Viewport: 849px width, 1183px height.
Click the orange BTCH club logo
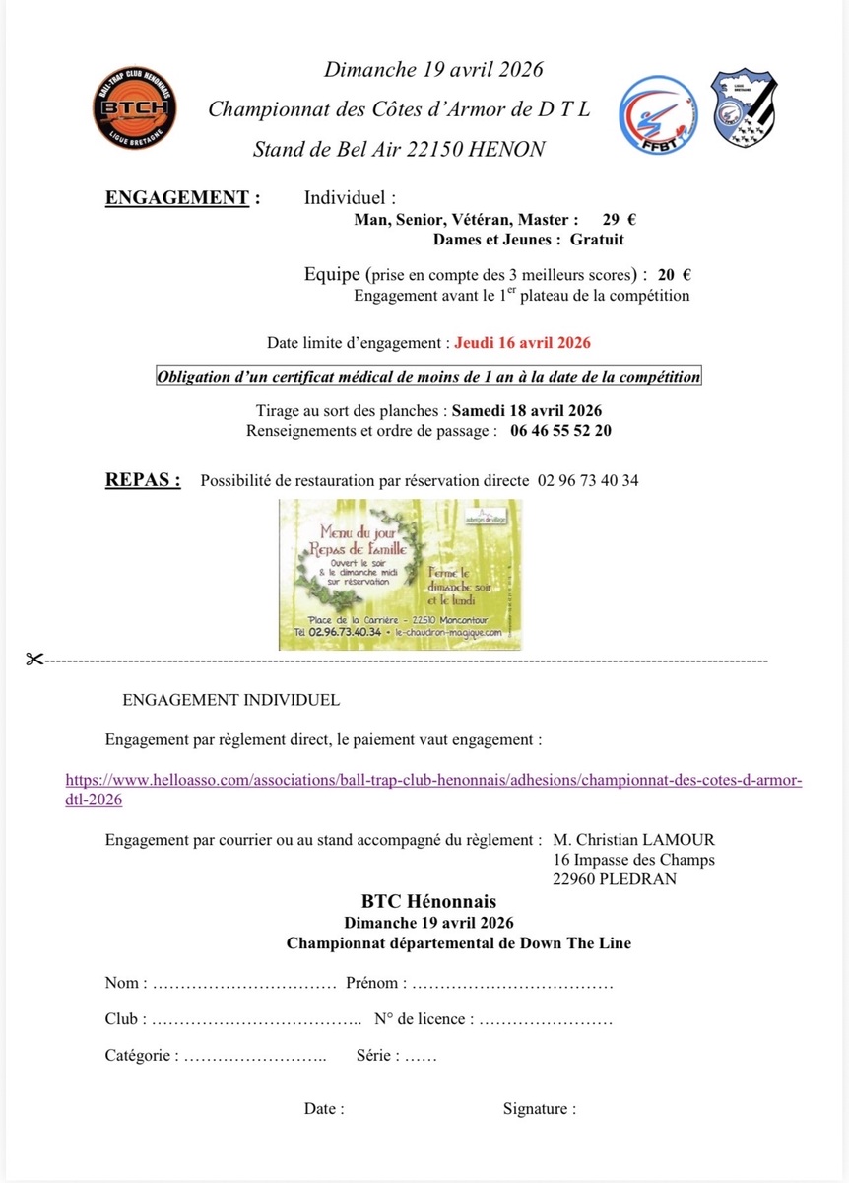point(137,109)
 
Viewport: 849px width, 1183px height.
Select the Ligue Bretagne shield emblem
point(744,108)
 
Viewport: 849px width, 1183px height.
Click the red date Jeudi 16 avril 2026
point(522,343)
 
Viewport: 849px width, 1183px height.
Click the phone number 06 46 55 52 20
point(560,431)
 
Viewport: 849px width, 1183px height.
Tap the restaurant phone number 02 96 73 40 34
point(588,481)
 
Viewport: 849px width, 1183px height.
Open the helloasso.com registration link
point(433,781)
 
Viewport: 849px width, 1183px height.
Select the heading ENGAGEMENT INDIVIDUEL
point(230,700)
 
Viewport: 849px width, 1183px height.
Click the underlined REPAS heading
point(143,481)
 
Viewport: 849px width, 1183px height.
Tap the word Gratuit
point(596,239)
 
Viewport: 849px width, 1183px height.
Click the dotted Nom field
point(244,983)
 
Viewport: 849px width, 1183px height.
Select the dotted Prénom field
point(511,983)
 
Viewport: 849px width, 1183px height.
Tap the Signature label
point(539,1108)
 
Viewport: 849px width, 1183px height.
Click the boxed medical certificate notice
point(428,377)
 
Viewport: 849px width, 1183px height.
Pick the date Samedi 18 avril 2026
point(527,410)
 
